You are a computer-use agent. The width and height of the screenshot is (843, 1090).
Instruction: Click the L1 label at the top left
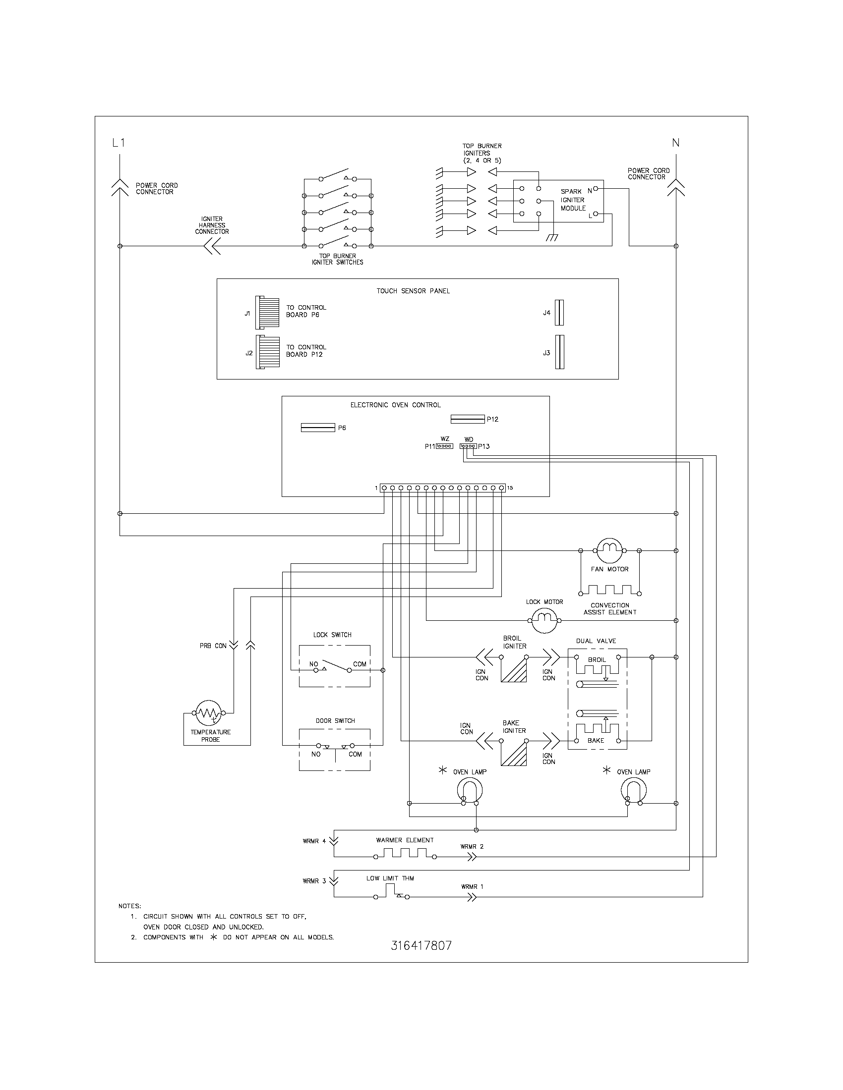click(119, 143)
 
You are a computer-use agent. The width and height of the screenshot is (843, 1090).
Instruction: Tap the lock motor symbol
click(544, 621)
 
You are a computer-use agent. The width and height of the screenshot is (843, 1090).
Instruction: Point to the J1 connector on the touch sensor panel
click(267, 313)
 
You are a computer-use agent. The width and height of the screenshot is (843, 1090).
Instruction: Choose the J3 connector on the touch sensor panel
click(559, 352)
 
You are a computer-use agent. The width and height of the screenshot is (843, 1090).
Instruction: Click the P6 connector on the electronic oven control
click(318, 428)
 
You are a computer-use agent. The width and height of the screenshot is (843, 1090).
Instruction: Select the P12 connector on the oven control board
click(468, 419)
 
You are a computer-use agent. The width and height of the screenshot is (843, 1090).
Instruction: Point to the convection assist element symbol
click(610, 590)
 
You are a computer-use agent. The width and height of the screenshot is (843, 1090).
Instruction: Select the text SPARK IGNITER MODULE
click(572, 200)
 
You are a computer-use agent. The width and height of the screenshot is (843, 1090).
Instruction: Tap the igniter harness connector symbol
click(212, 246)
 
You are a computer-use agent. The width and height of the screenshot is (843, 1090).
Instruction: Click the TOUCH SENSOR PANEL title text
click(413, 291)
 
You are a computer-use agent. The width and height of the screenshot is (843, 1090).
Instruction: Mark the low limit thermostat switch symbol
click(393, 893)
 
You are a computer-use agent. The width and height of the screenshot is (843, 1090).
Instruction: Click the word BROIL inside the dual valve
click(596, 659)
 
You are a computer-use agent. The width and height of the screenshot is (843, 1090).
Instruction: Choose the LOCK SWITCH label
click(332, 635)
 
